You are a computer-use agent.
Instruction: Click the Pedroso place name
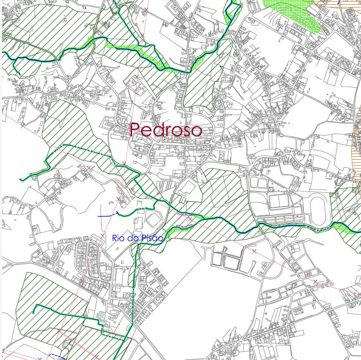pyautogui.click(x=166, y=130)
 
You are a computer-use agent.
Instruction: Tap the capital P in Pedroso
pyautogui.click(x=135, y=130)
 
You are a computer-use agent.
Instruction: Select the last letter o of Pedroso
pyautogui.click(x=197, y=131)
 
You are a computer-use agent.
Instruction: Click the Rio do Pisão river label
pyautogui.click(x=137, y=238)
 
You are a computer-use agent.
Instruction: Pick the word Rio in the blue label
pyautogui.click(x=118, y=238)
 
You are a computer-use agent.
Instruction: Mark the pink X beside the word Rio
pyautogui.click(x=102, y=236)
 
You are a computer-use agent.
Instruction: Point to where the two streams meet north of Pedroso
pyautogui.click(x=187, y=71)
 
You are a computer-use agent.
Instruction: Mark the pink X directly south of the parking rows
pyautogui.click(x=254, y=251)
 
